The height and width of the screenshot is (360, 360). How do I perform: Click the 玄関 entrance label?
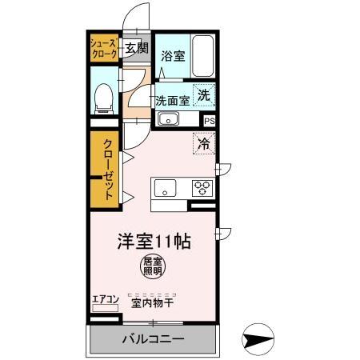pyautogui.click(x=136, y=48)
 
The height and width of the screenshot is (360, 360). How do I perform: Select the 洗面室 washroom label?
pyautogui.click(x=172, y=101)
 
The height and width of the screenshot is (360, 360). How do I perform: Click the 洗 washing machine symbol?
pyautogui.click(x=204, y=94)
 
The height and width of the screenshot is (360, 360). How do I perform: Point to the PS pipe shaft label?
pyautogui.click(x=209, y=121)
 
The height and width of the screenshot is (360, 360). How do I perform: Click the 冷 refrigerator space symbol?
pyautogui.click(x=204, y=145)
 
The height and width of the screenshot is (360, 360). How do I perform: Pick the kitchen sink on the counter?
pyautogui.click(x=166, y=190)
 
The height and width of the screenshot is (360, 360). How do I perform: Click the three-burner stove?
pyautogui.click(x=202, y=189)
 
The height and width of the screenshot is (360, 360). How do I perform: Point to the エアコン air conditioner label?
pyautogui.click(x=106, y=301)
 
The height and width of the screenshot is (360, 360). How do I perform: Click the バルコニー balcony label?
pyautogui.click(x=153, y=339)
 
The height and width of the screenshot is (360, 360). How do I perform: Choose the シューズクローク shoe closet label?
pyautogui.click(x=104, y=48)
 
